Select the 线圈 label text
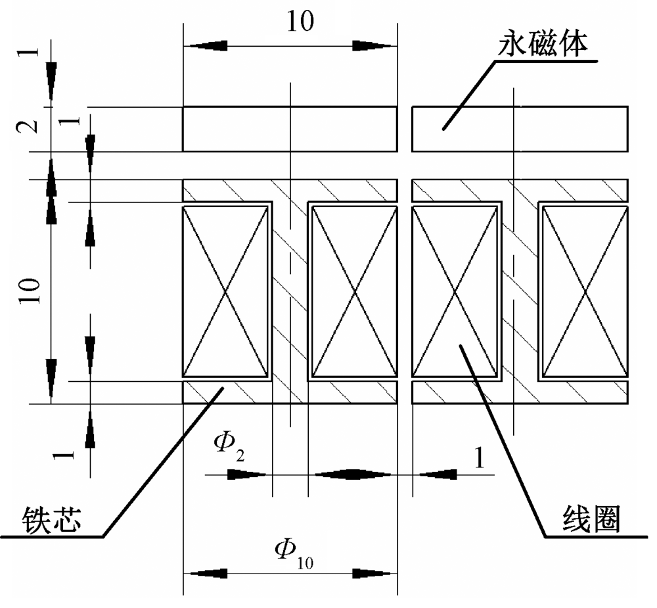click(x=591, y=520)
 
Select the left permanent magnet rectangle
click(x=290, y=129)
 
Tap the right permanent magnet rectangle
click(x=519, y=129)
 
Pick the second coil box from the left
click(x=353, y=291)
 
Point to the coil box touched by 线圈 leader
click(x=453, y=291)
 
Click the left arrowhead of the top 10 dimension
click(x=200, y=46)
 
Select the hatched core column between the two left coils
click(x=290, y=291)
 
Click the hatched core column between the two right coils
click(x=518, y=291)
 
